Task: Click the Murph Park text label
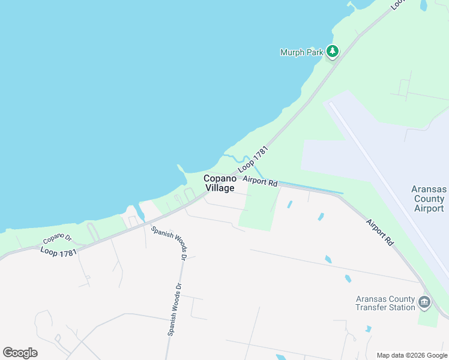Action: pos(301,52)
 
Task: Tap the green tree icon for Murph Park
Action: pos(333,52)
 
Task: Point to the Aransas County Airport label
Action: pos(429,199)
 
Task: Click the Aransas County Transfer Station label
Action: pos(385,303)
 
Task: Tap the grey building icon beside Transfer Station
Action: pos(424,301)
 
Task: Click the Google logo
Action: pos(20,353)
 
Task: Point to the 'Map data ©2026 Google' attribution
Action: pos(411,355)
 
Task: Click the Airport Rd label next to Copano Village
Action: pos(260,181)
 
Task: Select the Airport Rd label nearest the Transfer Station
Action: pos(381,232)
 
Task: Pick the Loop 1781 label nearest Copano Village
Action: pos(256,160)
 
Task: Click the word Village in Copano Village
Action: pos(220,188)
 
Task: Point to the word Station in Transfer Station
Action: pos(400,307)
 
